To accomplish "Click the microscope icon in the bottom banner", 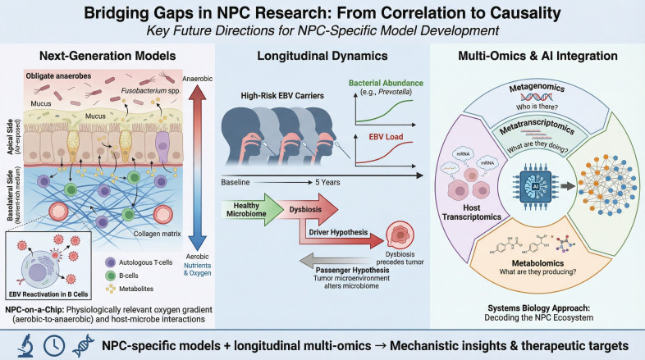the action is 25,345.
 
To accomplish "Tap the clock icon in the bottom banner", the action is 54,345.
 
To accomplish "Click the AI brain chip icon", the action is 535,186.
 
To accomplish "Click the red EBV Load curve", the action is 385,153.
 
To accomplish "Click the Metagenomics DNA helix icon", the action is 536,98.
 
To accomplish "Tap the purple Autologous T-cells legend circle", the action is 110,262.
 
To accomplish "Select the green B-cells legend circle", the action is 110,276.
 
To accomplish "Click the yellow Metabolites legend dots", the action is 110,289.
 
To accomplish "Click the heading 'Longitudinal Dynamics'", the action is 322,56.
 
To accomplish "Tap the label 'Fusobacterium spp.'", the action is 151,91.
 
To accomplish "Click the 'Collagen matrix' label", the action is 157,234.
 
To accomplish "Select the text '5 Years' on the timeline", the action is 327,182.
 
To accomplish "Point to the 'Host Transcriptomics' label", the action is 471,212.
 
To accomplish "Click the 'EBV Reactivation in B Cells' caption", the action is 48,294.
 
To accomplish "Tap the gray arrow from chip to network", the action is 568,186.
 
